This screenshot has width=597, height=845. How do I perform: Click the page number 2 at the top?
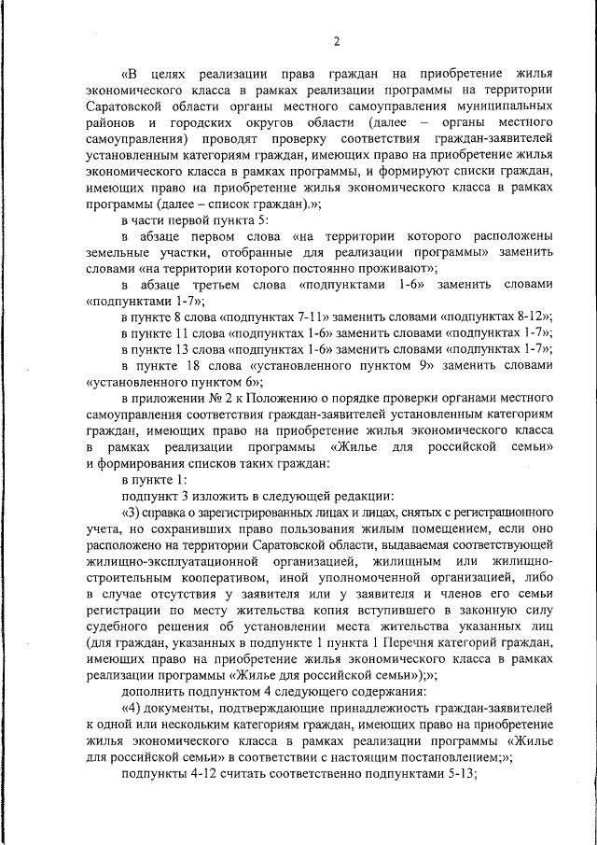[x=336, y=40]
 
